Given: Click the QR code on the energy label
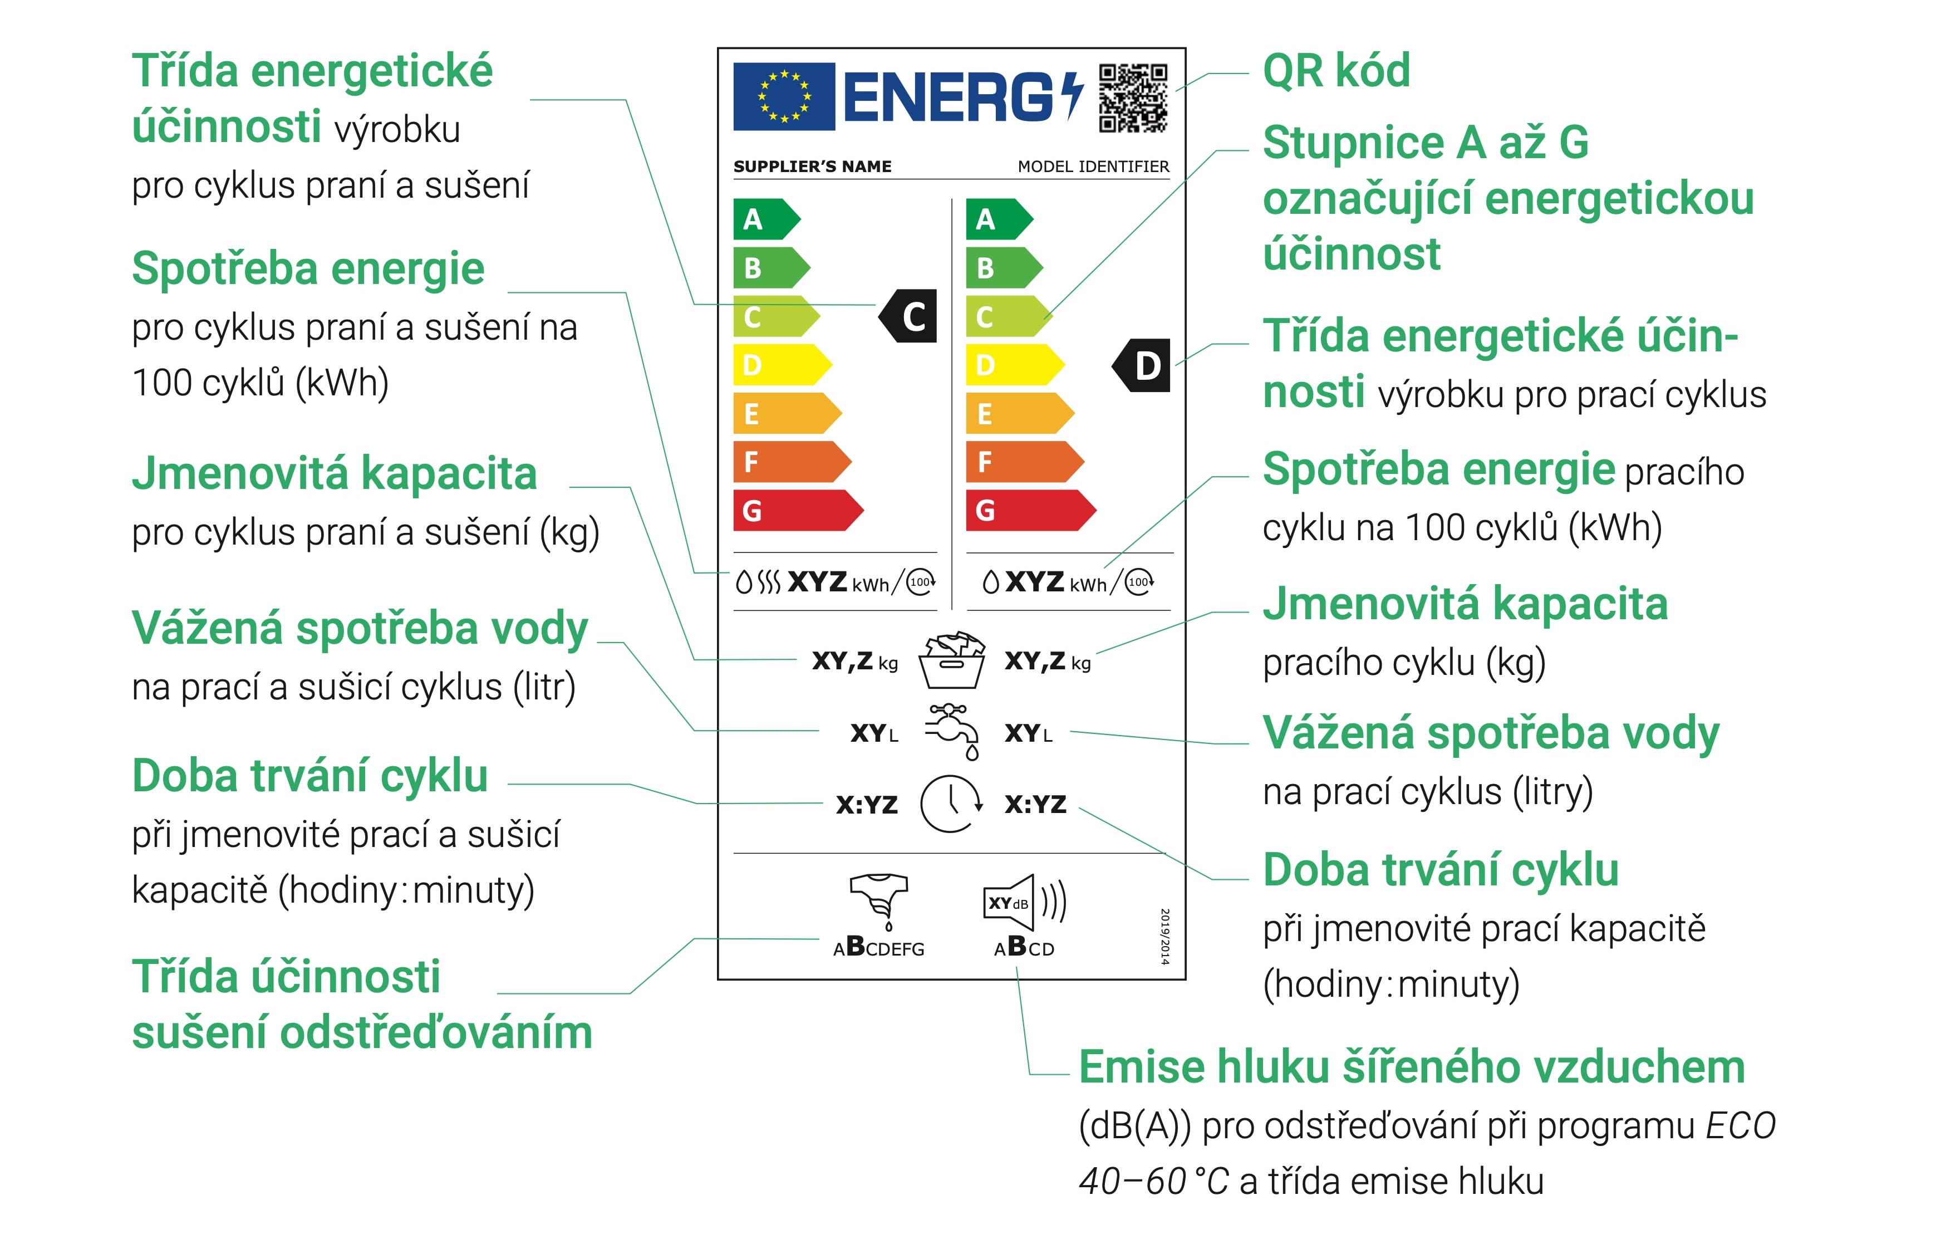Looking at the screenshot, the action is click(x=1133, y=98).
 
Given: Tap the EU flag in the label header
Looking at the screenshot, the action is click(x=784, y=97).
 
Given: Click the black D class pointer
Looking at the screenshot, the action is click(x=1141, y=365).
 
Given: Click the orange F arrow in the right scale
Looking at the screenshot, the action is click(x=1025, y=462).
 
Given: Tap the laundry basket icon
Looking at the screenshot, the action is click(x=952, y=660).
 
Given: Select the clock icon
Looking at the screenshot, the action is click(x=952, y=804).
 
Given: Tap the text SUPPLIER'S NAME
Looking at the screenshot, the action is click(x=812, y=166).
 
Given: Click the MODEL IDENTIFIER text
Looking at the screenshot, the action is click(x=1093, y=166).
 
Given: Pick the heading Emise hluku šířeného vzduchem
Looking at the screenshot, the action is click(x=1412, y=1067).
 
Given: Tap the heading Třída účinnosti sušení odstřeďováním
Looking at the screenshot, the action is click(x=362, y=1005).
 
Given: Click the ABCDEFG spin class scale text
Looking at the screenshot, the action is click(x=878, y=947).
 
